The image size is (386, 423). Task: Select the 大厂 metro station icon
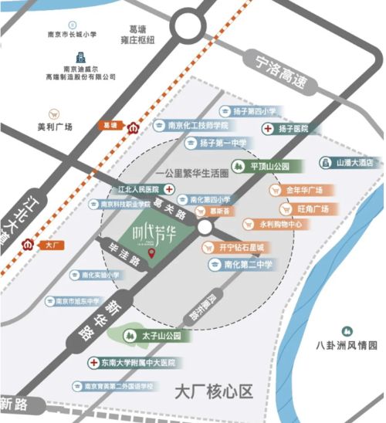pyautogui.click(x=31, y=245)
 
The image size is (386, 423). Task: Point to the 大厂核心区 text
pyautogui.click(x=214, y=391)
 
